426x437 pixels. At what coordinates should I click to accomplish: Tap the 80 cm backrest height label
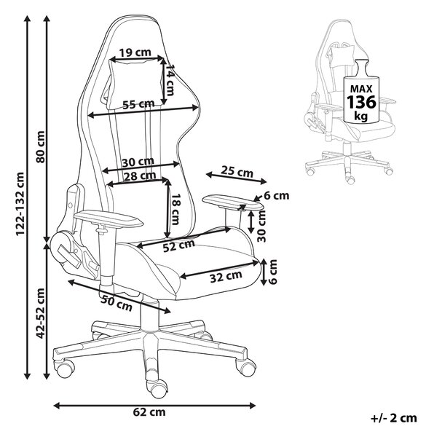pyautogui.click(x=40, y=146)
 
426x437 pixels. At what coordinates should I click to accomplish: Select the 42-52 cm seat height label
pyautogui.click(x=40, y=313)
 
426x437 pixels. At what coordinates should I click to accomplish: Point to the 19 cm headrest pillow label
pyautogui.click(x=135, y=52)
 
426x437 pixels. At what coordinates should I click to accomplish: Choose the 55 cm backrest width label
pyautogui.click(x=138, y=104)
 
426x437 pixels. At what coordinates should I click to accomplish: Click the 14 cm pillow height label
pyautogui.click(x=169, y=80)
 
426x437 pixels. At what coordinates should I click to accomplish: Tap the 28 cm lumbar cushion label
pyautogui.click(x=139, y=176)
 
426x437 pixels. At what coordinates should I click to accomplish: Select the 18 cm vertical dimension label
pyautogui.click(x=175, y=209)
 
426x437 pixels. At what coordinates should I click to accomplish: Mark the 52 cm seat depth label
pyautogui.click(x=178, y=245)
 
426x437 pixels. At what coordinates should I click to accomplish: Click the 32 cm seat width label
pyautogui.click(x=226, y=276)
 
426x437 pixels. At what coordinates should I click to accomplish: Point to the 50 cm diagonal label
pyautogui.click(x=117, y=304)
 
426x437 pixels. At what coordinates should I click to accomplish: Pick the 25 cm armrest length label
pyautogui.click(x=237, y=171)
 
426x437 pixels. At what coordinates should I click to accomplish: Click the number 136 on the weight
pyautogui.click(x=361, y=102)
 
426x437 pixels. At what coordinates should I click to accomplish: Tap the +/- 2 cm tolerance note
pyautogui.click(x=394, y=418)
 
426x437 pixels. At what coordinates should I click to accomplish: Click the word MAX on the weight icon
pyautogui.click(x=361, y=89)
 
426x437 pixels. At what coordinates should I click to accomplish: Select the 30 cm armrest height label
pyautogui.click(x=261, y=226)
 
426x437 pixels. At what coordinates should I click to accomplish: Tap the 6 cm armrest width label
pyautogui.click(x=277, y=196)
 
